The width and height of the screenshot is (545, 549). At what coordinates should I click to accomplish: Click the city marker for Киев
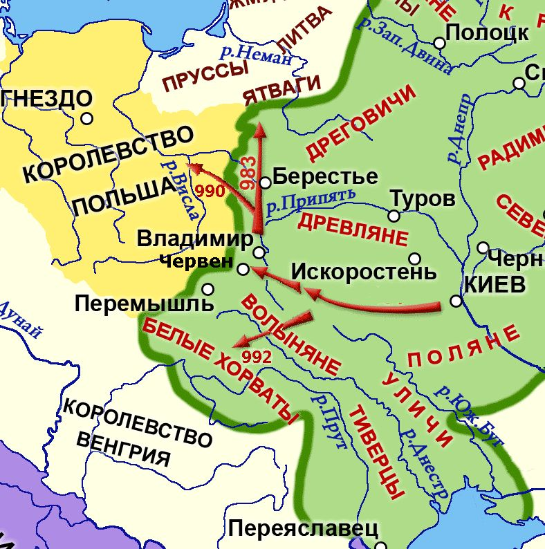[456, 301]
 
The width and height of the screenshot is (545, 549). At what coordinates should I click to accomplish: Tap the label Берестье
[325, 176]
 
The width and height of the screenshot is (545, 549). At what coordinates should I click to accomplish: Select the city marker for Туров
[394, 216]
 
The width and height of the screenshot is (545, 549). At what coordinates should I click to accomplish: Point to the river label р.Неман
[255, 54]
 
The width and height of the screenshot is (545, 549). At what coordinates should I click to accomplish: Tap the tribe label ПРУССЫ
[205, 77]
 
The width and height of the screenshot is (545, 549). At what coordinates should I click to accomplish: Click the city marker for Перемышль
[208, 289]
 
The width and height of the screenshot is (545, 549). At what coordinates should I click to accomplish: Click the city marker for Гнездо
[86, 118]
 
